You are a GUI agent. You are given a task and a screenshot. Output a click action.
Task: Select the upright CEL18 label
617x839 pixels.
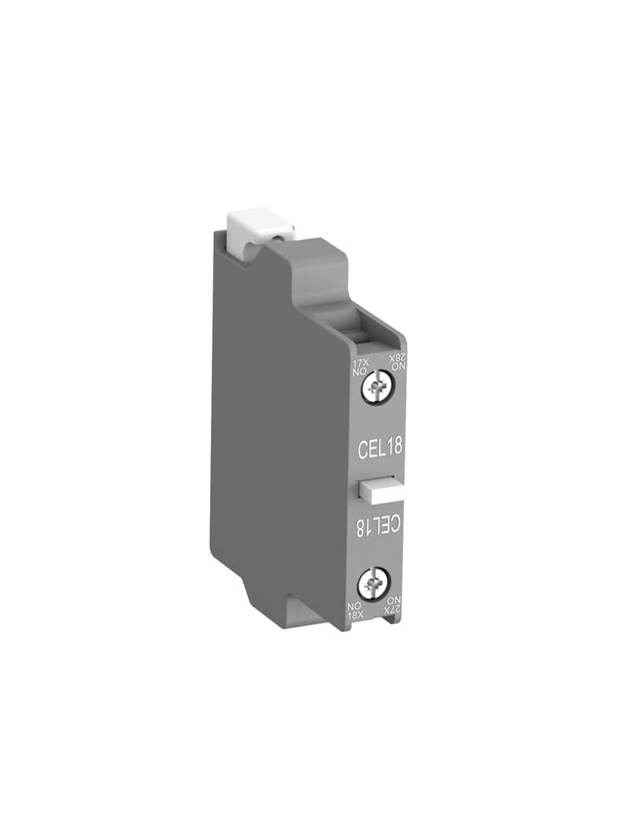click(379, 447)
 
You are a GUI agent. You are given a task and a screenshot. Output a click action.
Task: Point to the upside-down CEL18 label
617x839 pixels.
click(379, 526)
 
